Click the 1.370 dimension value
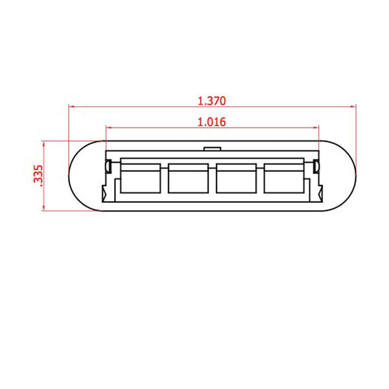[212, 101]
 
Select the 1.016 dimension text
[212, 122]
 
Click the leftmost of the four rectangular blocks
[141, 178]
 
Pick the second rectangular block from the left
[188, 178]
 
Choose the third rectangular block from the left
[236, 178]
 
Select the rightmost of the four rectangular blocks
[284, 178]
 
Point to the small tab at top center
[213, 148]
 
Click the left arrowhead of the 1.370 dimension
[71, 107]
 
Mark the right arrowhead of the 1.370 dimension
[353, 107]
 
